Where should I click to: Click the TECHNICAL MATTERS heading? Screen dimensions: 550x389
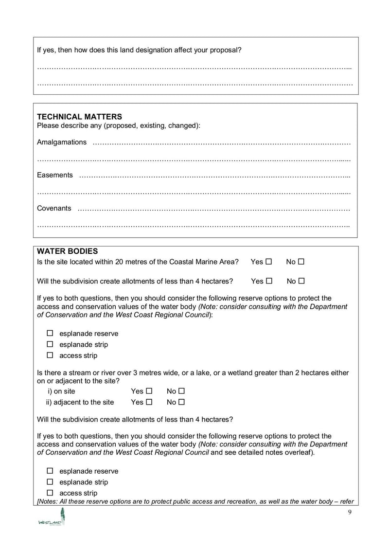(x=79, y=117)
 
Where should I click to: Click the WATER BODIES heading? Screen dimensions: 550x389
(x=67, y=251)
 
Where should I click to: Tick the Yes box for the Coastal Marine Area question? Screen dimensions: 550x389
(x=269, y=262)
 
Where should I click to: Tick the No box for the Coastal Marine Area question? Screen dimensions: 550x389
(x=301, y=262)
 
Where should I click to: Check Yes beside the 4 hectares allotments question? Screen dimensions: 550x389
(x=269, y=281)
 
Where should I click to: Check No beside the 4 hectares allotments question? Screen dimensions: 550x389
(x=301, y=281)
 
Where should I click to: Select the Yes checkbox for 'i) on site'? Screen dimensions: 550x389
(x=149, y=391)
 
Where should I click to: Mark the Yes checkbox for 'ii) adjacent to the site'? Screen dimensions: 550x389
(x=149, y=402)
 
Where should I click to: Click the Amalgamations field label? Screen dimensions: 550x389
(x=62, y=142)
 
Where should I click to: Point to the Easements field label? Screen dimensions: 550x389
(x=55, y=175)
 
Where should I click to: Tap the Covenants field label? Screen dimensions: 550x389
(x=54, y=208)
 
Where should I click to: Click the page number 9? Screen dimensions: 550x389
(x=350, y=513)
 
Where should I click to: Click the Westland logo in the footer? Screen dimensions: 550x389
(x=52, y=517)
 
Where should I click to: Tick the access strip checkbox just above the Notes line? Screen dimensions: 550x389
(x=50, y=493)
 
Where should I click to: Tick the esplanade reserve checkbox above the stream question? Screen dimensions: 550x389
(x=50, y=334)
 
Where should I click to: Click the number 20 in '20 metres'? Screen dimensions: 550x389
(x=120, y=262)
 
